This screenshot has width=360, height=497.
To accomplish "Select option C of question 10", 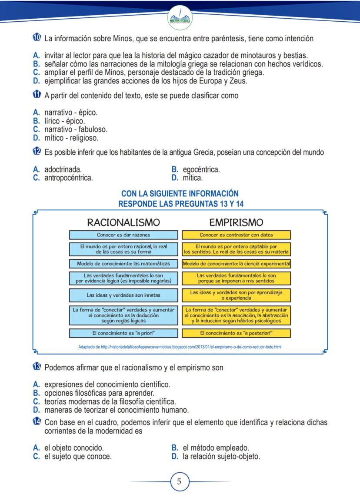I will click(152, 72).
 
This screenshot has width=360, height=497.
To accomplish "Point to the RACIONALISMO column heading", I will click(123, 222).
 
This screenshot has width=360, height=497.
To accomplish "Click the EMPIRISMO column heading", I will click(236, 222).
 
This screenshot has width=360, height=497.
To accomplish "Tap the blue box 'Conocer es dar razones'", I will click(123, 235).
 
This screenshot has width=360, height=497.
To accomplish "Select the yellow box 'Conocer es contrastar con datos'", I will click(236, 235).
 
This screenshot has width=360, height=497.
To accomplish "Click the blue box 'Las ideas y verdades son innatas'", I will click(123, 295).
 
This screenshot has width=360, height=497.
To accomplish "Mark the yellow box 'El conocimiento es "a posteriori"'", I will click(236, 334).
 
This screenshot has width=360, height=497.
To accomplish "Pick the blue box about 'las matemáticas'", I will click(123, 264).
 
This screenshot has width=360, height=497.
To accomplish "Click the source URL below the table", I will click(180, 347).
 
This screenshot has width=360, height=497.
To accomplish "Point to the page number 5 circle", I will click(180, 481).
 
